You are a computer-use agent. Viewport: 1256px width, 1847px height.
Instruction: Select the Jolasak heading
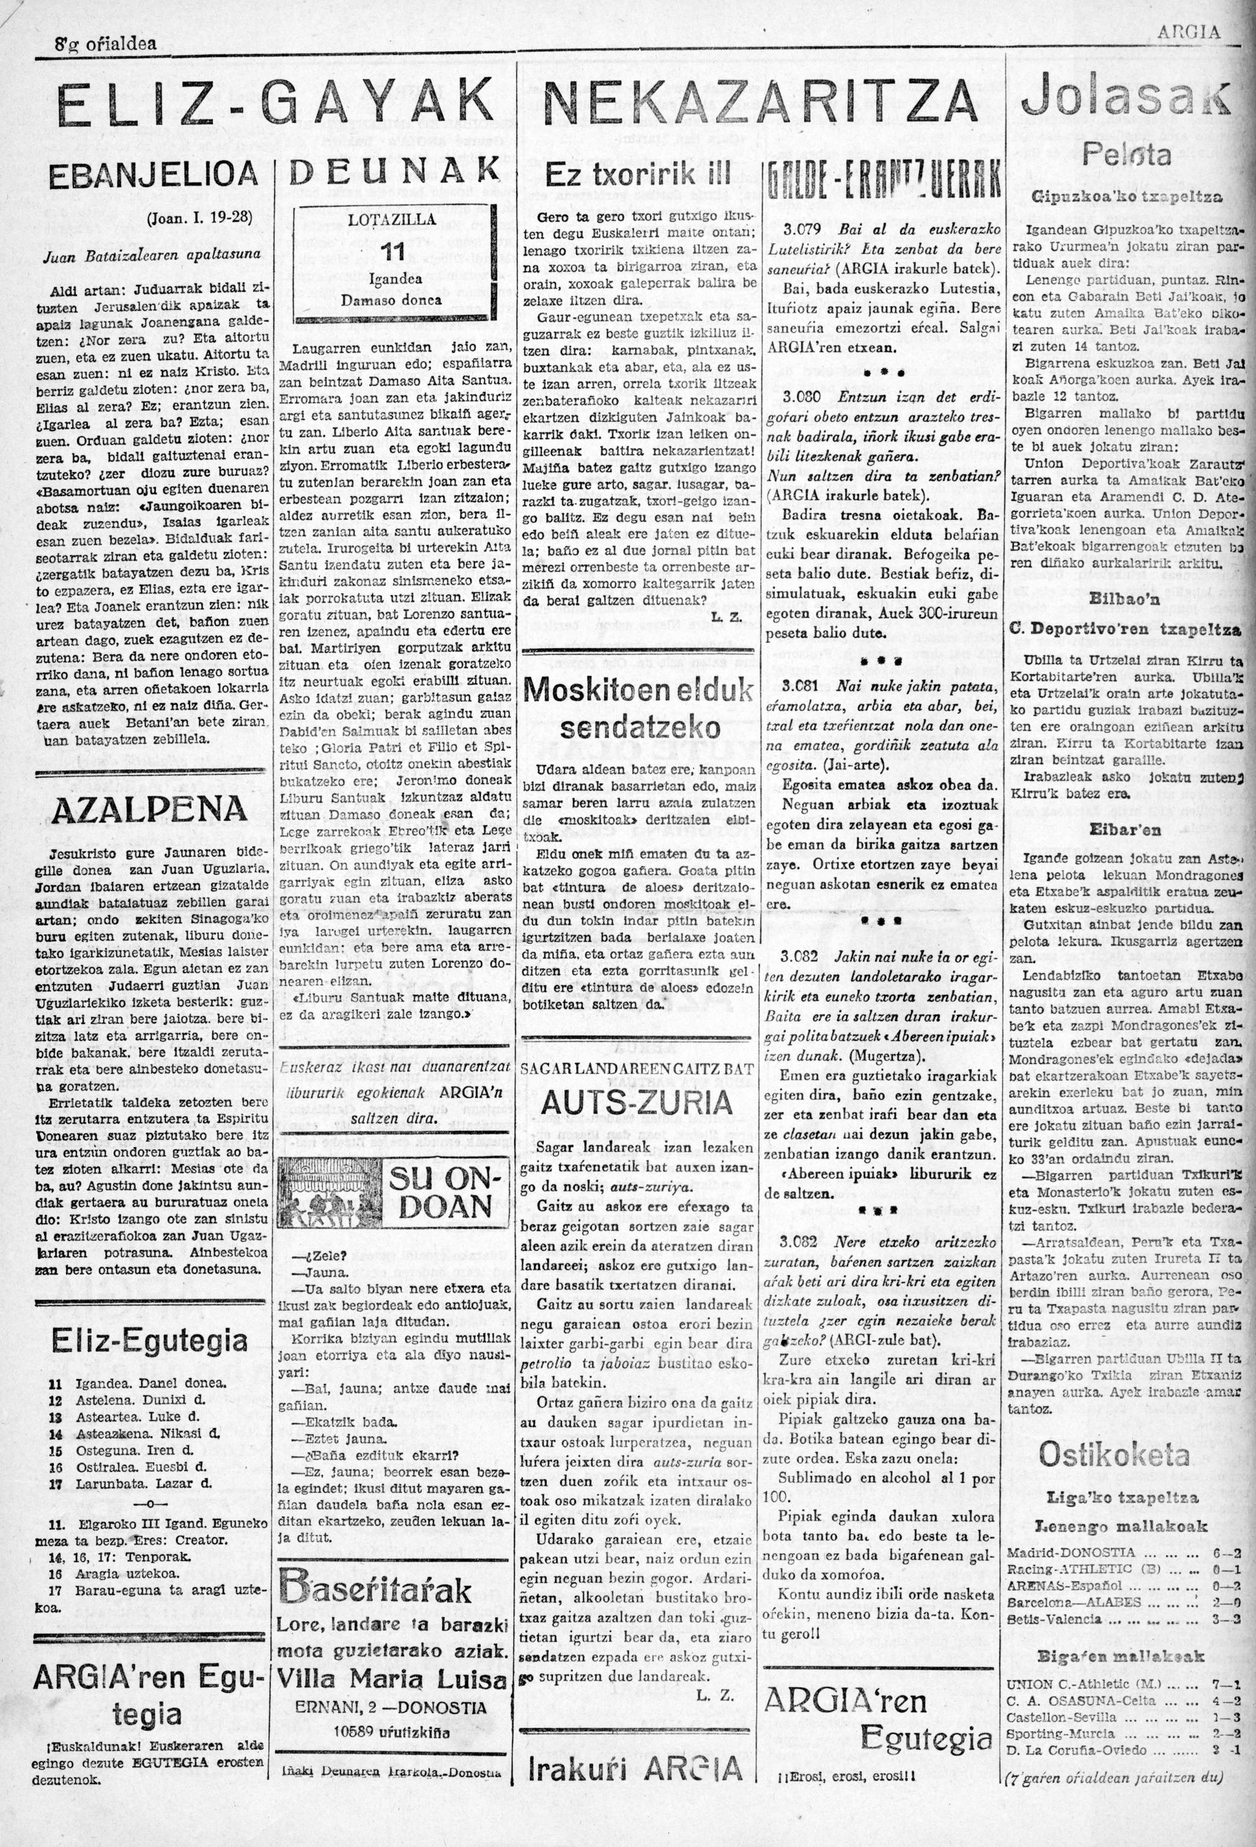[1123, 102]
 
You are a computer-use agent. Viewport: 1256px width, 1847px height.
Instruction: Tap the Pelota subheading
[1126, 154]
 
